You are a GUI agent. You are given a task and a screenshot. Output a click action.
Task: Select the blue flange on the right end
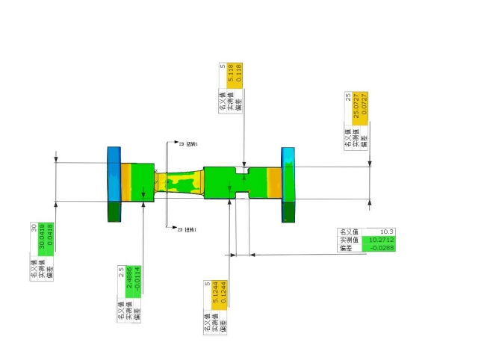288,183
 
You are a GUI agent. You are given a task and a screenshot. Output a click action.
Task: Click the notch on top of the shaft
244,170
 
